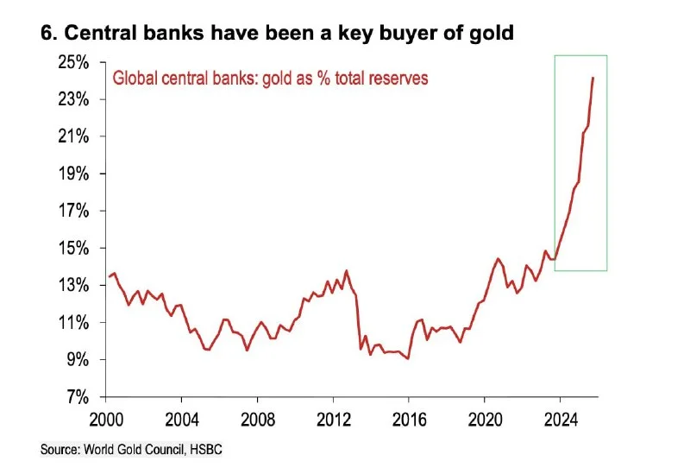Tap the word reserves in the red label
[395, 77]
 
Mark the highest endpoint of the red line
[593, 78]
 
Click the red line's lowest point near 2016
[408, 358]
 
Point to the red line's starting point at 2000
[108, 277]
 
